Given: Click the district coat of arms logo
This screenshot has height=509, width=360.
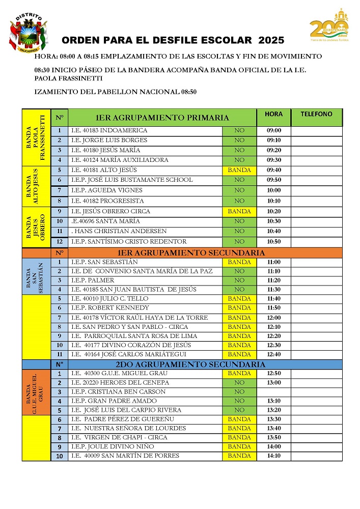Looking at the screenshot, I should pyautogui.click(x=27, y=33).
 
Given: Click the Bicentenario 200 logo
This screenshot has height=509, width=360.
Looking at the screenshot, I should pyautogui.click(x=329, y=25).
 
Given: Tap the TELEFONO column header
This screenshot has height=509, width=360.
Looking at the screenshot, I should pyautogui.click(x=316, y=115).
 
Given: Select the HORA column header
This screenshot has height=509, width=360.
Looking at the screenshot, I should pyautogui.click(x=273, y=115).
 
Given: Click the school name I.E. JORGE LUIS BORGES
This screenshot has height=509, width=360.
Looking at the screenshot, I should pyautogui.click(x=109, y=140).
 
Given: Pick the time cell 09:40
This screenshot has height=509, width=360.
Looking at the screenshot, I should pyautogui.click(x=274, y=170).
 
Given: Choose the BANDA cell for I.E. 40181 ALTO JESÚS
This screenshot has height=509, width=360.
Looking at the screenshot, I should pyautogui.click(x=239, y=170).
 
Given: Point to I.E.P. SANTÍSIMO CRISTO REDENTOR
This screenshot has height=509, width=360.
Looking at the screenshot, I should pyautogui.click(x=129, y=241).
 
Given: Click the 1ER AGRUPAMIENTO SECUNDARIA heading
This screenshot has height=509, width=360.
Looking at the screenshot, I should pyautogui.click(x=191, y=252).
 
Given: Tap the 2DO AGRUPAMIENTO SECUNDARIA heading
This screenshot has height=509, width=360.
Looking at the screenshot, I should pyautogui.click(x=191, y=364).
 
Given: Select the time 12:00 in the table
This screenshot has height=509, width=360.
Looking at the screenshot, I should pyautogui.click(x=274, y=318).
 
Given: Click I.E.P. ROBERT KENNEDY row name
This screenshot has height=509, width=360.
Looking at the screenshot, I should pyautogui.click(x=110, y=308).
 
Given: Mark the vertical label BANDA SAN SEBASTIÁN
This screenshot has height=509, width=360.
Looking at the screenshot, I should pyautogui.click(x=36, y=276).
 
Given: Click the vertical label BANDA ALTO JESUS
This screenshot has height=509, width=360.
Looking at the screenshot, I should pyautogui.click(x=36, y=186).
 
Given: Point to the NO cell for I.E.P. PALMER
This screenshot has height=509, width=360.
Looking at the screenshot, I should pyautogui.click(x=239, y=280).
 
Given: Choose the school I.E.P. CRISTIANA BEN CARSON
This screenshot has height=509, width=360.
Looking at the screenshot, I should pyautogui.click(x=118, y=392).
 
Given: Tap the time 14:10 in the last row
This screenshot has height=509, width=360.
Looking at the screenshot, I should pyautogui.click(x=274, y=456).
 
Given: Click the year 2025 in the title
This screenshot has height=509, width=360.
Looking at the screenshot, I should pyautogui.click(x=271, y=40).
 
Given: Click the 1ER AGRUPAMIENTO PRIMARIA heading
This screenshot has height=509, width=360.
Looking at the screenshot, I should pyautogui.click(x=162, y=118).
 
